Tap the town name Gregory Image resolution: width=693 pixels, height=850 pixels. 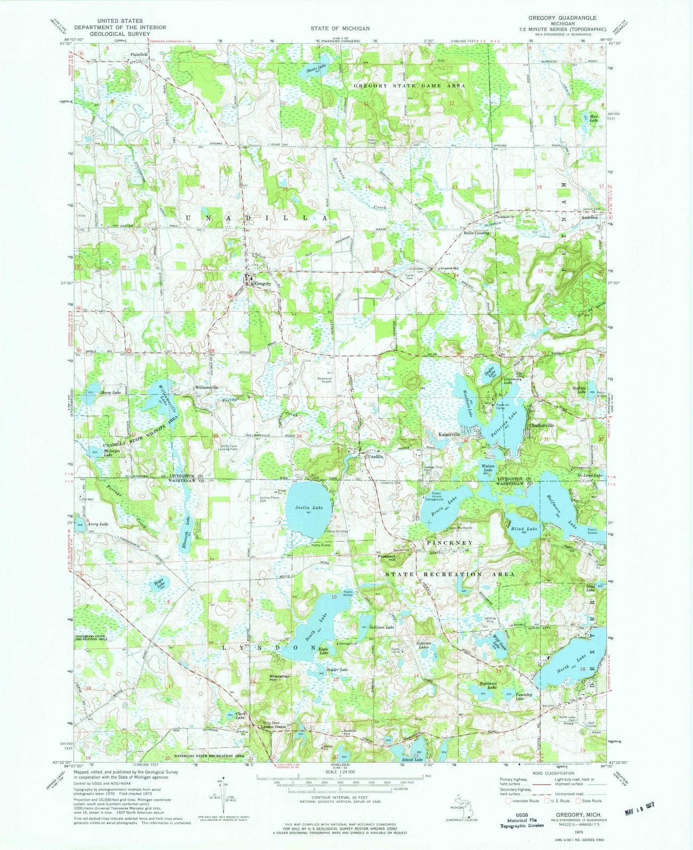[x=263, y=284]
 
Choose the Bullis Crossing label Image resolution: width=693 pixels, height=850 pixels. [x=476, y=233]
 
